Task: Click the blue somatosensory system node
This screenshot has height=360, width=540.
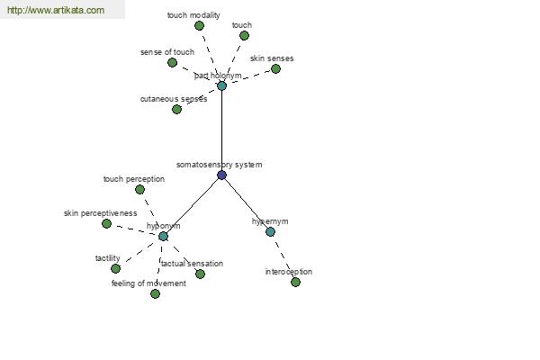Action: (x=221, y=175)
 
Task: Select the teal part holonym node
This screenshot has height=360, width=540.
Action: (x=221, y=85)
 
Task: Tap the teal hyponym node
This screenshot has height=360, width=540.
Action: (x=163, y=237)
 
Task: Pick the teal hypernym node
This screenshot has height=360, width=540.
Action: (x=270, y=231)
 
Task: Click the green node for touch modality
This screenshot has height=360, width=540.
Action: (x=199, y=25)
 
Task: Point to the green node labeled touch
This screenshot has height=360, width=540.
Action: (x=244, y=35)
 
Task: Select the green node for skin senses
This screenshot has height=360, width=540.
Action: (x=275, y=69)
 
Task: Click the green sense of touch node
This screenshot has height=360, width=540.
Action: (x=172, y=62)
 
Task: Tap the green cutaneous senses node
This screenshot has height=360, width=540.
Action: (x=176, y=109)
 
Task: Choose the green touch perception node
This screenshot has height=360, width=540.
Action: (x=139, y=190)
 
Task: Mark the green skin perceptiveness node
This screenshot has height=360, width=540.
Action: (x=107, y=223)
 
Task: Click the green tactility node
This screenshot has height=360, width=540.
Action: (x=116, y=268)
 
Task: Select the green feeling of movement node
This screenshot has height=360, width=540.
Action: (x=156, y=294)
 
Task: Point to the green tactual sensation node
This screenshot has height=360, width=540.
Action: (x=200, y=274)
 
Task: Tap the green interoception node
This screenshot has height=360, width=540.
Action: (x=295, y=282)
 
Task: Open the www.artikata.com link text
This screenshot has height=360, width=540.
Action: (x=56, y=10)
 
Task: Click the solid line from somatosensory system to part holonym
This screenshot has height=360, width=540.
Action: (x=221, y=130)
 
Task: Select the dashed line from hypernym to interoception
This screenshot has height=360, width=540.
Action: (x=283, y=257)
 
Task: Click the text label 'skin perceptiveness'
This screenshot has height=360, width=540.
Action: (x=100, y=213)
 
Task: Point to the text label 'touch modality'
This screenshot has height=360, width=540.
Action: (x=193, y=15)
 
